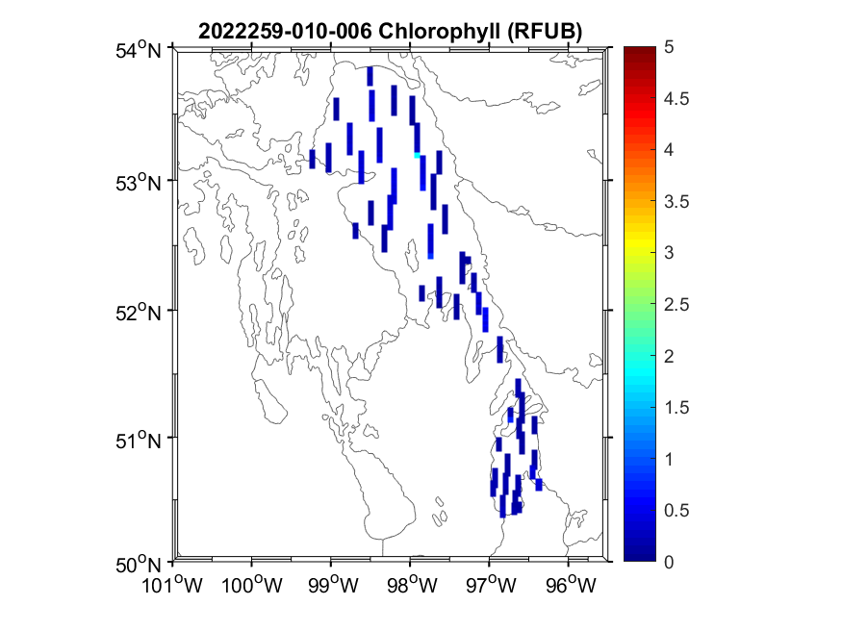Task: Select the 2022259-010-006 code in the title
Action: [286, 31]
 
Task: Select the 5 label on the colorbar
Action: [668, 46]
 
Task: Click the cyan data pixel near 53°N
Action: [417, 154]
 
